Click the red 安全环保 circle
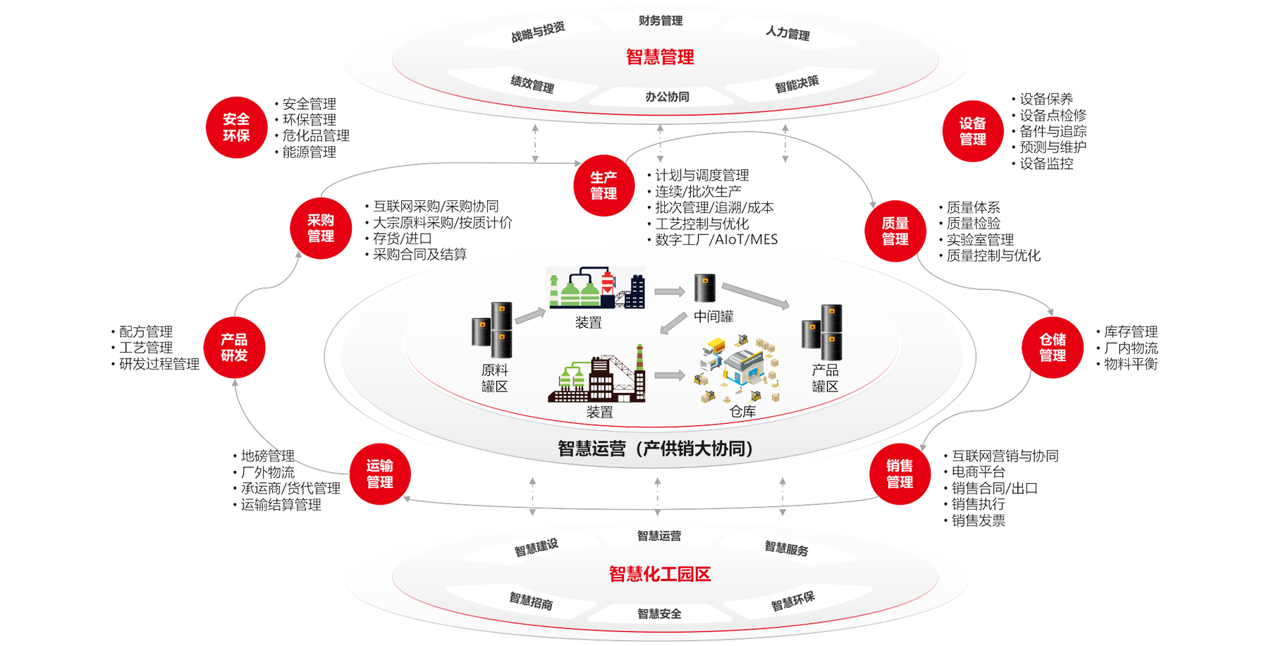[236, 127]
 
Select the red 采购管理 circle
[321, 228]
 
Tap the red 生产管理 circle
[603, 185]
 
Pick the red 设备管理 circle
[973, 132]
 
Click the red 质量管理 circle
[895, 231]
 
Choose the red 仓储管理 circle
[1053, 348]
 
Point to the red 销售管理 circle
[900, 474]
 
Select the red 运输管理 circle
[380, 474]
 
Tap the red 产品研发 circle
[234, 348]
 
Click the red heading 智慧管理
[660, 57]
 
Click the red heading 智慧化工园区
[660, 574]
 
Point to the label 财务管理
[661, 21]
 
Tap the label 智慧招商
[531, 601]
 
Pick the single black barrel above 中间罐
[705, 288]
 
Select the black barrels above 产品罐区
[823, 331]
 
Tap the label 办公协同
[667, 97]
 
